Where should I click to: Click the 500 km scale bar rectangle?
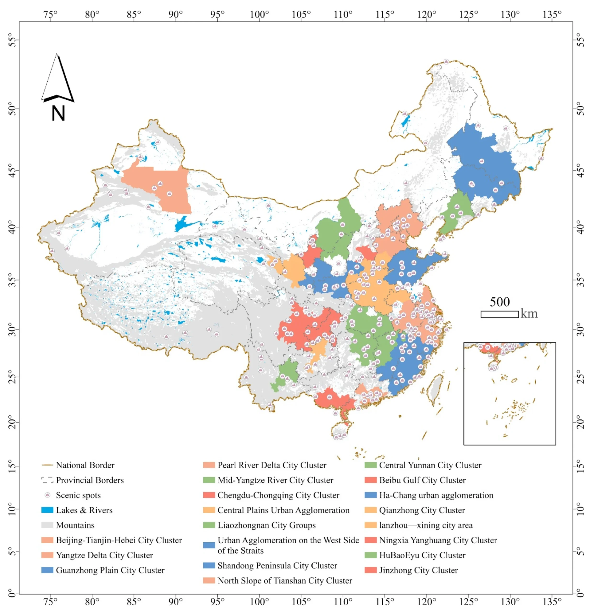pyautogui.click(x=499, y=314)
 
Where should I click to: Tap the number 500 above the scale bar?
pyautogui.click(x=499, y=302)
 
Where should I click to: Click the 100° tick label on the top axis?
pyautogui.click(x=259, y=15)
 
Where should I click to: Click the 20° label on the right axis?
pyautogui.click(x=581, y=422)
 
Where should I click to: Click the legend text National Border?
pyautogui.click(x=85, y=465)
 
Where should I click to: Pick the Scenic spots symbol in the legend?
pyautogui.click(x=47, y=495)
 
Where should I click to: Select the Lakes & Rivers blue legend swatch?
pyautogui.click(x=47, y=510)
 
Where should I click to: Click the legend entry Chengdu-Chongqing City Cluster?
pyautogui.click(x=278, y=495)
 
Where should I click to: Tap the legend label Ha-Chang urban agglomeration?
pyautogui.click(x=436, y=495)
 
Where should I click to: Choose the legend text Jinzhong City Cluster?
pyautogui.click(x=418, y=570)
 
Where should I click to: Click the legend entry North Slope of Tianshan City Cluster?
pyautogui.click(x=284, y=580)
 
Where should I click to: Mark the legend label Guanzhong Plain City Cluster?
pyautogui.click(x=110, y=570)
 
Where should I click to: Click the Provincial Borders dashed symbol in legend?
pyautogui.click(x=47, y=480)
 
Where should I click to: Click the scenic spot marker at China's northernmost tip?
pyautogui.click(x=446, y=62)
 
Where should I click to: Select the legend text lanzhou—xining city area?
pyautogui.click(x=426, y=525)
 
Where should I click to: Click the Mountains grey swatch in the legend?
pyautogui.click(x=47, y=525)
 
